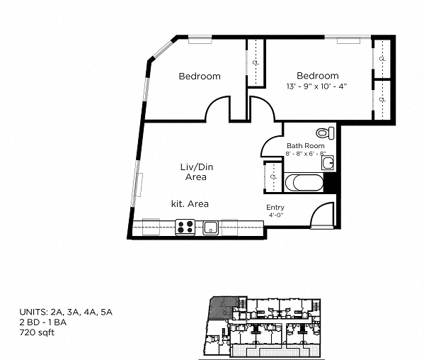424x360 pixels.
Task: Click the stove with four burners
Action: [185, 227]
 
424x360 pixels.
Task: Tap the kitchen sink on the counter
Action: [210, 227]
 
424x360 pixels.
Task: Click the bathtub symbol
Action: [304, 183]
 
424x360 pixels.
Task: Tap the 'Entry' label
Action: [275, 208]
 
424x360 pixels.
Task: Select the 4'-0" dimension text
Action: [275, 215]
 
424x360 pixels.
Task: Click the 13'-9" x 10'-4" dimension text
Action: [316, 86]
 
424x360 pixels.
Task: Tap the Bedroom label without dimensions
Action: [199, 76]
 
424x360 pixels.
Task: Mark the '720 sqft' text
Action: [35, 331]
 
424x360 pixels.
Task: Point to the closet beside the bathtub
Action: [273, 176]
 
